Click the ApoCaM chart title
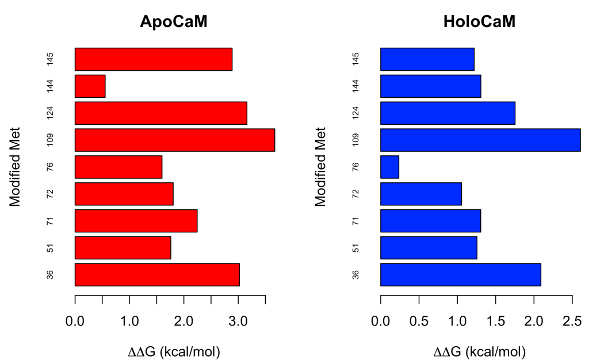click(x=174, y=22)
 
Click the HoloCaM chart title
click(x=479, y=22)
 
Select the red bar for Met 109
click(x=175, y=140)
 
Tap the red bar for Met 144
click(x=90, y=86)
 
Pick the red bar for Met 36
click(x=157, y=275)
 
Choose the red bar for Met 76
click(x=118, y=167)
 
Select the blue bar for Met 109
click(x=480, y=140)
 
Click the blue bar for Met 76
click(x=389, y=167)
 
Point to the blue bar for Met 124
click(x=448, y=113)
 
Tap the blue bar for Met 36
click(x=460, y=275)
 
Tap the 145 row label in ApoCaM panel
click(x=51, y=59)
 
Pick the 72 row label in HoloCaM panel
click(x=357, y=194)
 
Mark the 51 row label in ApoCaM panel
click(x=51, y=248)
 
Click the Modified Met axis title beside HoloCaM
click(x=321, y=167)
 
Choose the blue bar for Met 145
click(x=427, y=59)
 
